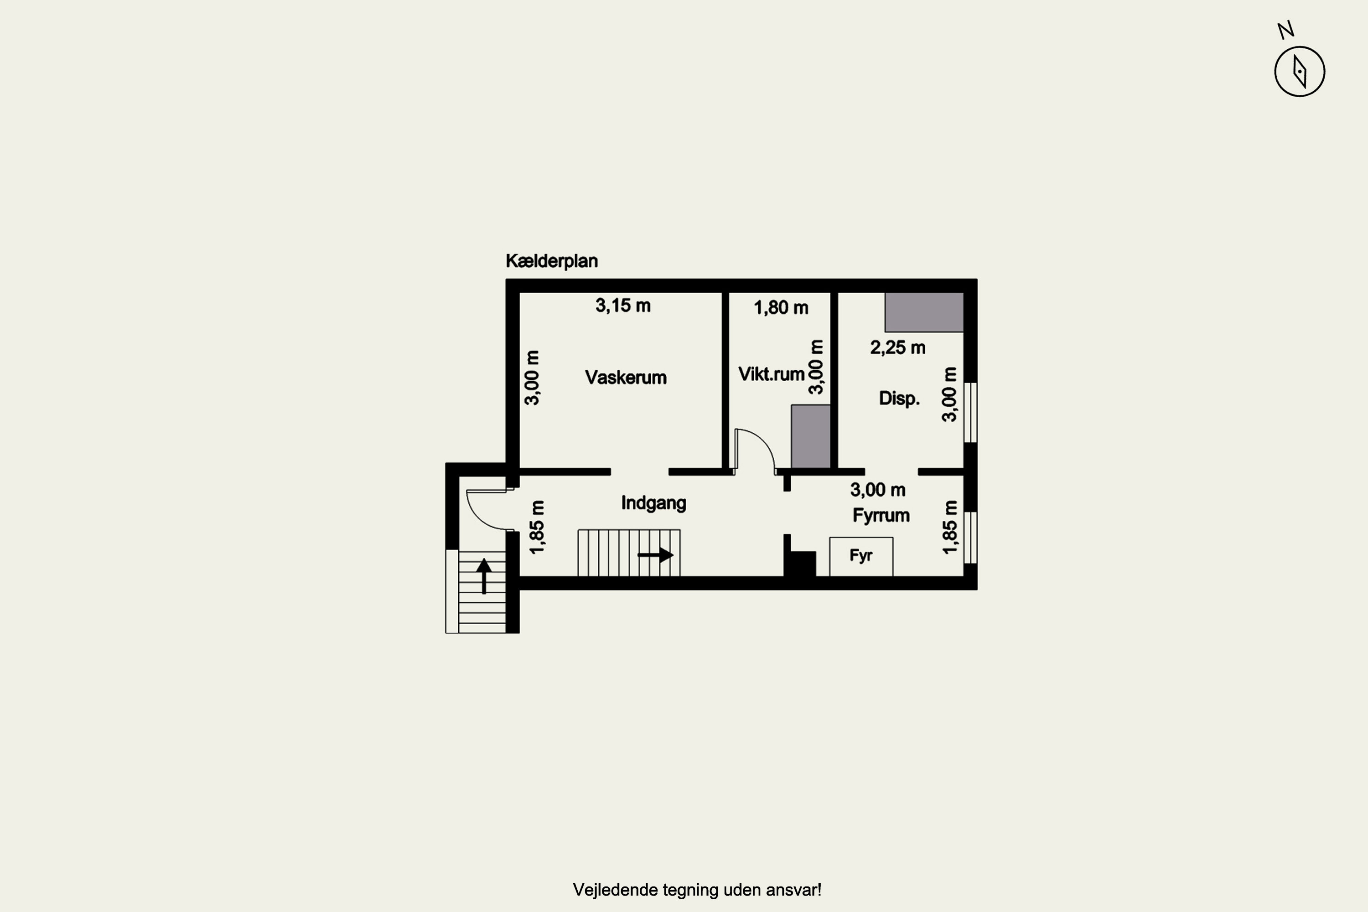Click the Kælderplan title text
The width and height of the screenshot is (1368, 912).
tap(551, 261)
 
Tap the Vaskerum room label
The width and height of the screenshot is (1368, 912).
tap(626, 378)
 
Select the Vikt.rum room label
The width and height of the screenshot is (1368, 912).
tap(771, 374)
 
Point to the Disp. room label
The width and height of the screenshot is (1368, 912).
tap(899, 399)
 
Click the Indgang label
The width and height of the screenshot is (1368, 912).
tap(654, 503)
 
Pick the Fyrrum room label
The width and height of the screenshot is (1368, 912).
tap(881, 515)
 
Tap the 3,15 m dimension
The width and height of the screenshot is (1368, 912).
tap(623, 306)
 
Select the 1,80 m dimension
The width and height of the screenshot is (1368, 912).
tap(781, 308)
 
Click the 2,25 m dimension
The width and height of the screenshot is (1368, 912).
tap(897, 348)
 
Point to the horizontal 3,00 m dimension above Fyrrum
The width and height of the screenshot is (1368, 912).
tap(878, 490)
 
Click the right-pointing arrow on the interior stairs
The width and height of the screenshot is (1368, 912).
tap(656, 555)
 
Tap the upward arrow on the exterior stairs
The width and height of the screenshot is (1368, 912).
tap(484, 576)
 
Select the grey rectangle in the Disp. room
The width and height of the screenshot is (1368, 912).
tap(924, 312)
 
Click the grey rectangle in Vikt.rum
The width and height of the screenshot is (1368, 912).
tap(810, 436)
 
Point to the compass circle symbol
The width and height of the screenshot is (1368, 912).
tap(1299, 72)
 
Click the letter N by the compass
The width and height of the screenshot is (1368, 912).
tap(1285, 30)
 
